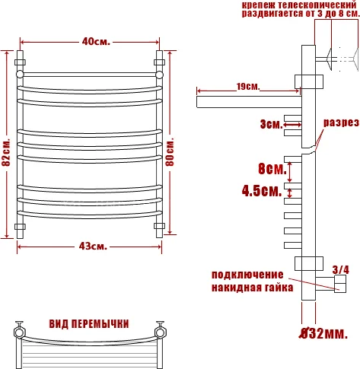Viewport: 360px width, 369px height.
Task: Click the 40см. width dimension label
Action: pyautogui.click(x=95, y=41)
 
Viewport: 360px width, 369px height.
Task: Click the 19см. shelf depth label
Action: pyautogui.click(x=246, y=87)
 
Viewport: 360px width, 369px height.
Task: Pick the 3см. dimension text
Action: pyautogui.click(x=270, y=123)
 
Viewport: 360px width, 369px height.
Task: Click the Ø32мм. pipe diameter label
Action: pyautogui.click(x=324, y=332)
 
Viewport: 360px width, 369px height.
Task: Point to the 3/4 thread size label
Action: pyautogui.click(x=341, y=269)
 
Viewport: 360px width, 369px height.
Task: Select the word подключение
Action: pyautogui.click(x=247, y=275)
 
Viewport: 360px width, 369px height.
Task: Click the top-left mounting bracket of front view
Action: pyautogui.click(x=21, y=62)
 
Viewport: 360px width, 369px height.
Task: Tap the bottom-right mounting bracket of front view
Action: pyautogui.click(x=159, y=226)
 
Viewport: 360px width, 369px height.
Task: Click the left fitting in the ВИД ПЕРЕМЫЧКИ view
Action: pyautogui.click(x=18, y=331)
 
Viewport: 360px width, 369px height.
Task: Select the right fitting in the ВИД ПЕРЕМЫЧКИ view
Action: pyautogui.click(x=160, y=331)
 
